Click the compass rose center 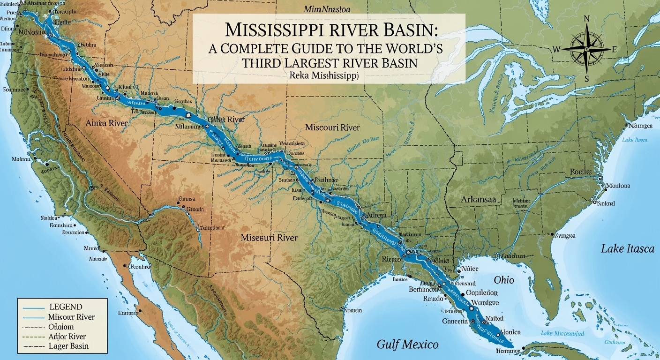tap(586, 49)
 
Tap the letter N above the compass tap(586, 19)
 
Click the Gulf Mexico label tap(407, 345)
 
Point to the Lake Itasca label tap(627, 249)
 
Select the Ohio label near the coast tap(504, 280)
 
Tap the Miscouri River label tap(332, 127)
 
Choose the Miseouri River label tap(269, 238)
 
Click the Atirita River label tap(106, 123)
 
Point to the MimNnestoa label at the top tap(328, 9)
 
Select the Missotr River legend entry tap(71, 317)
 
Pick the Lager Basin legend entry tap(68, 346)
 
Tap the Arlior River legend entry tap(67, 337)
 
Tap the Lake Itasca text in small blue tap(634, 140)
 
